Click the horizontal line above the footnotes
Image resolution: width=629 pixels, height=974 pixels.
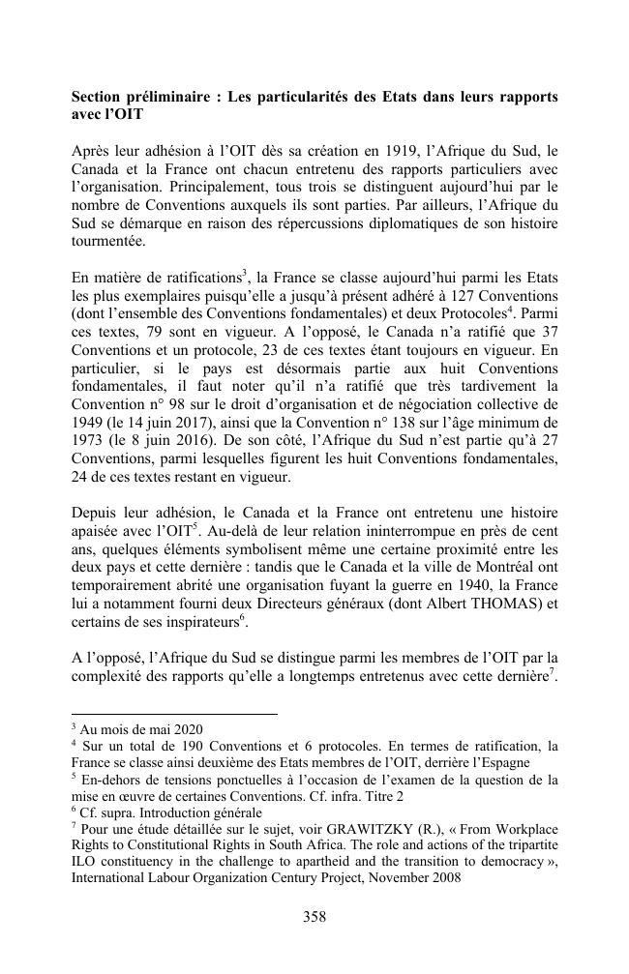174,713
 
